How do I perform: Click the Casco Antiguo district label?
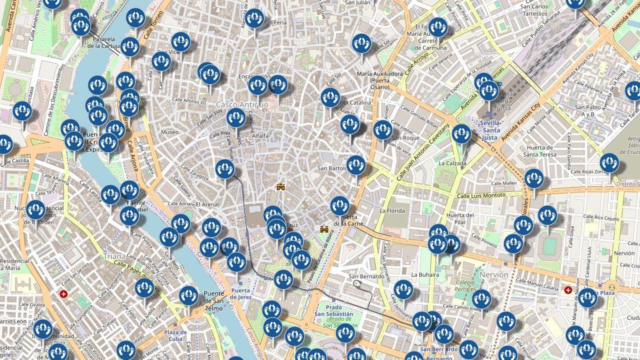242,104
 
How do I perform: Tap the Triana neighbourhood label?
114,256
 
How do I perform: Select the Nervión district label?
494,275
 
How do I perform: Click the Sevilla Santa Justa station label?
490,130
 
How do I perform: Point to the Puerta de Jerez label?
240,294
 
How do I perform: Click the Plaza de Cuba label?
175,336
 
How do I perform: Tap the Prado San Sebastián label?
334,311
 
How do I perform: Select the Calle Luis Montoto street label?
481,196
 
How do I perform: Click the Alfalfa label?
260,136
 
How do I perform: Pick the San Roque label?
406,138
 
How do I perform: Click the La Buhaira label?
425,275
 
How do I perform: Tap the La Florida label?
392,211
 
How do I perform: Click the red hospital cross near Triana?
63,294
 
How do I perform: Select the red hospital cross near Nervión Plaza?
568,290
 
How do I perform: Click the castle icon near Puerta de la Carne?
324,230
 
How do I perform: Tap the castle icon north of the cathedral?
281,186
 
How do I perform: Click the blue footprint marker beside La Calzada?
461,134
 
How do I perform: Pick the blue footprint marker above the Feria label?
254,18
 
